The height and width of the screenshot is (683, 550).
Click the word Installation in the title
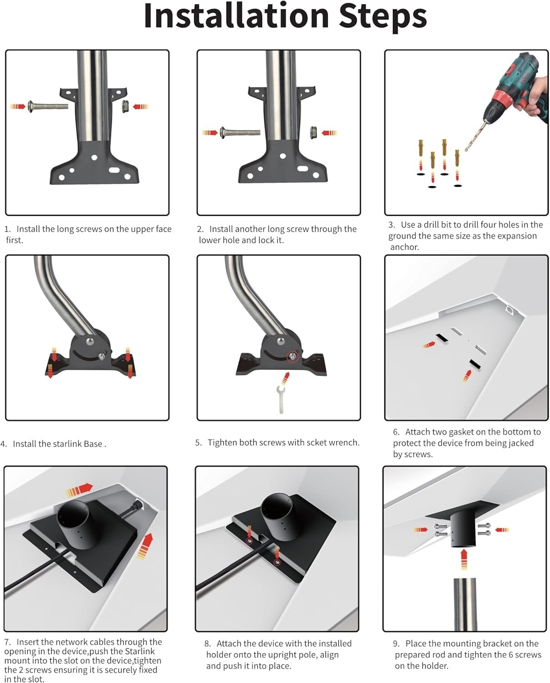tap(236, 16)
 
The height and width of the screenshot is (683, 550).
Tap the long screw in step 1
tap(48, 106)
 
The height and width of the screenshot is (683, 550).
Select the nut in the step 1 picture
tap(125, 107)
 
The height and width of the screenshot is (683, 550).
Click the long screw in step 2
tap(240, 133)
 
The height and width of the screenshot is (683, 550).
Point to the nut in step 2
tap(313, 133)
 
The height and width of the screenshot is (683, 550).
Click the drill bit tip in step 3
tap(466, 151)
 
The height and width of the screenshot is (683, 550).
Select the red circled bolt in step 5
tap(293, 356)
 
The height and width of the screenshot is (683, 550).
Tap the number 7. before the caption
tap(8, 642)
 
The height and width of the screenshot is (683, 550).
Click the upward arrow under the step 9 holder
tap(464, 560)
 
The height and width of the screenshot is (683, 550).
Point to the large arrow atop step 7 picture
tap(79, 490)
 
